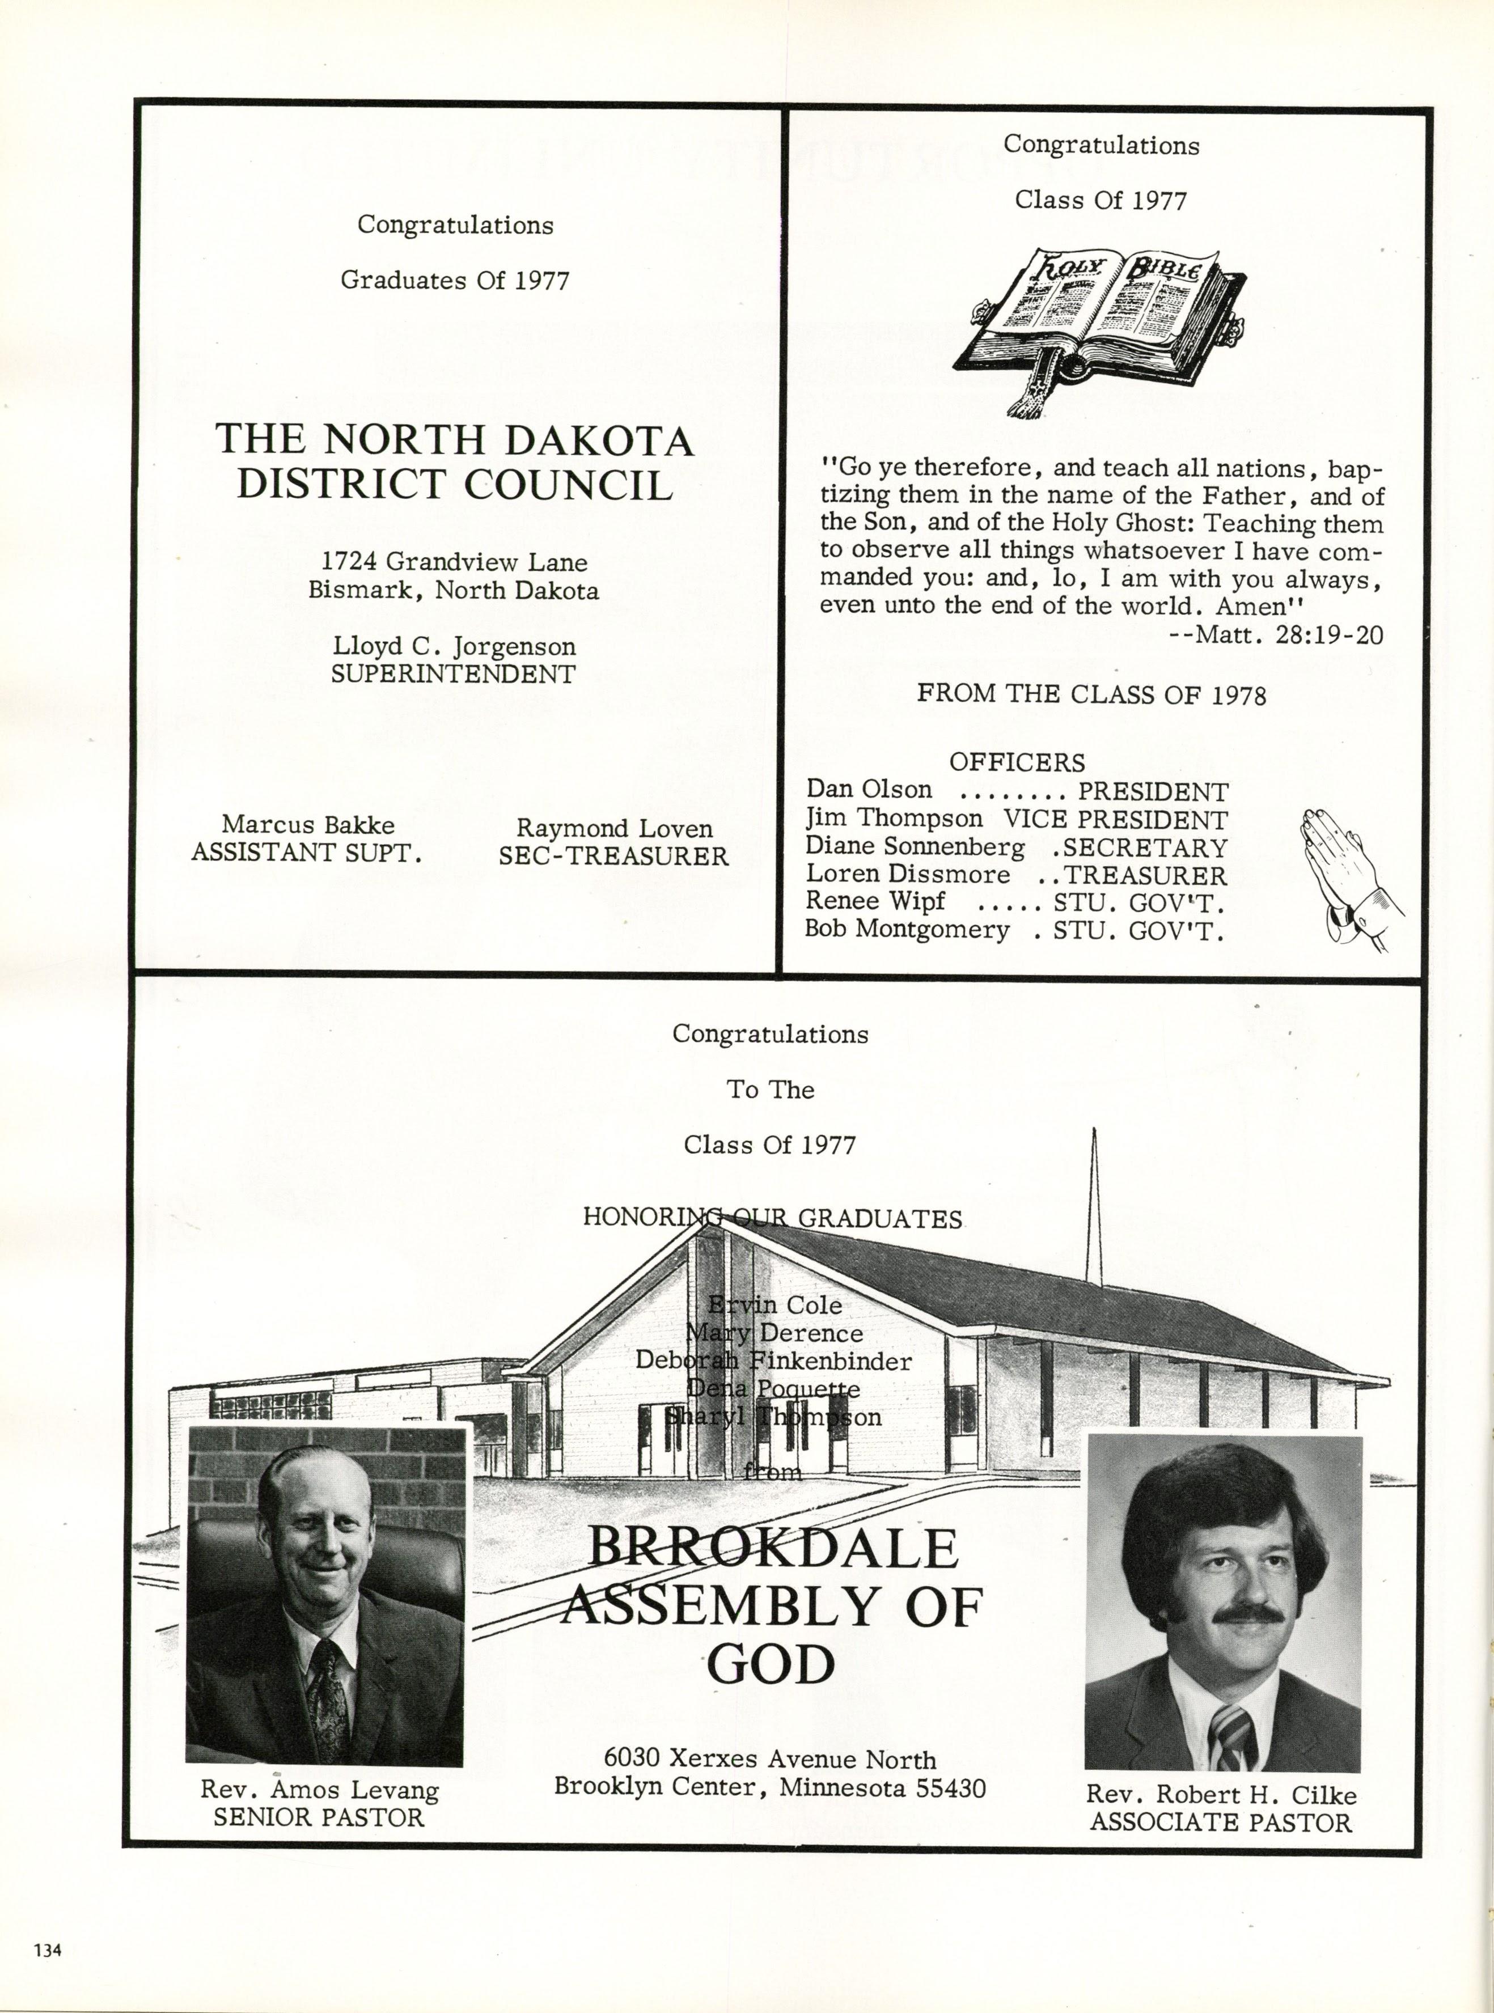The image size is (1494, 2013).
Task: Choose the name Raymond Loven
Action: pyautogui.click(x=614, y=828)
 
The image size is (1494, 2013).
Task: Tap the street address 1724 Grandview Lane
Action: pyautogui.click(x=455, y=562)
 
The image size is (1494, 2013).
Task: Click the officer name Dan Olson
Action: pyautogui.click(x=868, y=790)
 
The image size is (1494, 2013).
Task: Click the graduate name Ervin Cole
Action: pyautogui.click(x=775, y=1305)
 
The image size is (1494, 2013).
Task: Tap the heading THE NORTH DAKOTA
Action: pyautogui.click(x=454, y=440)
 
